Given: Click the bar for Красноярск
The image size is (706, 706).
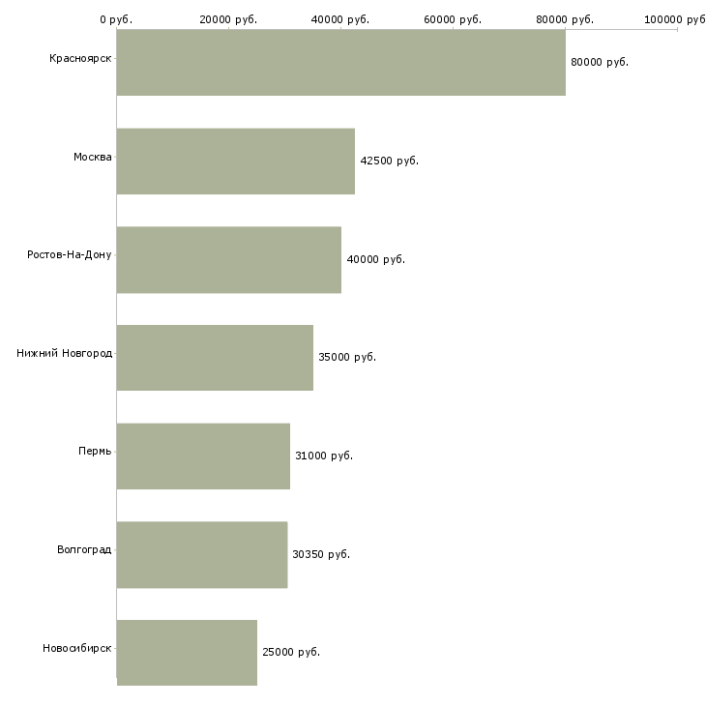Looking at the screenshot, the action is [x=340, y=62].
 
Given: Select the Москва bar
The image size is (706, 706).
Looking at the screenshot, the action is [x=235, y=162].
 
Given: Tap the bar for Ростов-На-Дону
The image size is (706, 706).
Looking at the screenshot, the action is [x=229, y=260].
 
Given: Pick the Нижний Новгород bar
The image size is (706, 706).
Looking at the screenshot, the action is [x=215, y=358].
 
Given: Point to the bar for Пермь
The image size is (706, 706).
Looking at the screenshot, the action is [x=203, y=456].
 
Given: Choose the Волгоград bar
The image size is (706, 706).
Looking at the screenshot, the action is [x=202, y=555].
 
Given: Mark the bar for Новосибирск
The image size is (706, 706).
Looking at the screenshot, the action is [x=187, y=653].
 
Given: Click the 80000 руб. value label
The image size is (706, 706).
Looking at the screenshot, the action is [x=600, y=62].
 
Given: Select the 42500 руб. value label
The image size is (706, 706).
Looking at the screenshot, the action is [x=390, y=161].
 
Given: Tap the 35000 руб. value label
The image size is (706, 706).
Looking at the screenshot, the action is [x=347, y=357].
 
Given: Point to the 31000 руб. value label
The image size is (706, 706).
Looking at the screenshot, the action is [x=324, y=456].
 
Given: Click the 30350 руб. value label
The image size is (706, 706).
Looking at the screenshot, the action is [x=321, y=554].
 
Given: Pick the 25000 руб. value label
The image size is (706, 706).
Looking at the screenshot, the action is [x=291, y=652].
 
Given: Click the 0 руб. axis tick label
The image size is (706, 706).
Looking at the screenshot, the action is [x=116, y=19].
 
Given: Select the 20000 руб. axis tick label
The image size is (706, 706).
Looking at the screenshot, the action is [x=228, y=19].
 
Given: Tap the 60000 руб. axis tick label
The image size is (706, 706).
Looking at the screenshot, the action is [x=453, y=19].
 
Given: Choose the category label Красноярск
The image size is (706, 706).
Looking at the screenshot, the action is [x=80, y=59].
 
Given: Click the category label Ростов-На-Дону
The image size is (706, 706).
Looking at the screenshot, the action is [x=70, y=255].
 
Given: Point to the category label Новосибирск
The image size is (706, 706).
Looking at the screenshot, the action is [x=77, y=648].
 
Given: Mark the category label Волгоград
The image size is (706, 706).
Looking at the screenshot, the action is [x=84, y=549].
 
